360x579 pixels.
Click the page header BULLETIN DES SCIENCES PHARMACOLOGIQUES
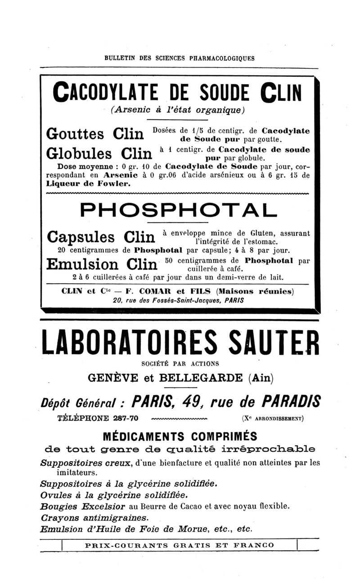179,58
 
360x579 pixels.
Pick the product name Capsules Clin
98,236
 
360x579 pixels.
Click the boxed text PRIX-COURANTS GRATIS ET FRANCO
179,546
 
